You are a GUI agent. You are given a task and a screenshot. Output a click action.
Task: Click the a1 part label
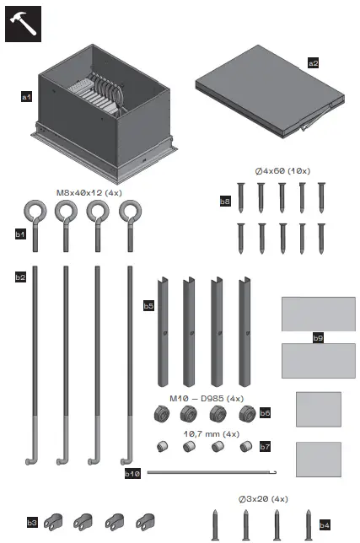pos(26,98)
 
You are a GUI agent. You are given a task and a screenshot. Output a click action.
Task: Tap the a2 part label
pos(314,62)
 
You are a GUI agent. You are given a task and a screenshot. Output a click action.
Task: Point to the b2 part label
pos(20,276)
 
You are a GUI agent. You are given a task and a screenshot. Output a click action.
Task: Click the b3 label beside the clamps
pos(32,522)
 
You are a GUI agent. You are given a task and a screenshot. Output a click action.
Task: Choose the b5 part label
pos(148,305)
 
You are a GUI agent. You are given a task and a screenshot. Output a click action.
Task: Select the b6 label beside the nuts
pos(265,413)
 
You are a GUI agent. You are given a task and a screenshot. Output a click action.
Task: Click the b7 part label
pos(265,444)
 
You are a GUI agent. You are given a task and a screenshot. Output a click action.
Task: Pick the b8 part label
pos(225,202)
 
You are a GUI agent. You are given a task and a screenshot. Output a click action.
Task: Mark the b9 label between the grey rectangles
pos(318,338)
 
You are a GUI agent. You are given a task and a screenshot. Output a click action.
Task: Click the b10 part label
pos(132,474)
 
